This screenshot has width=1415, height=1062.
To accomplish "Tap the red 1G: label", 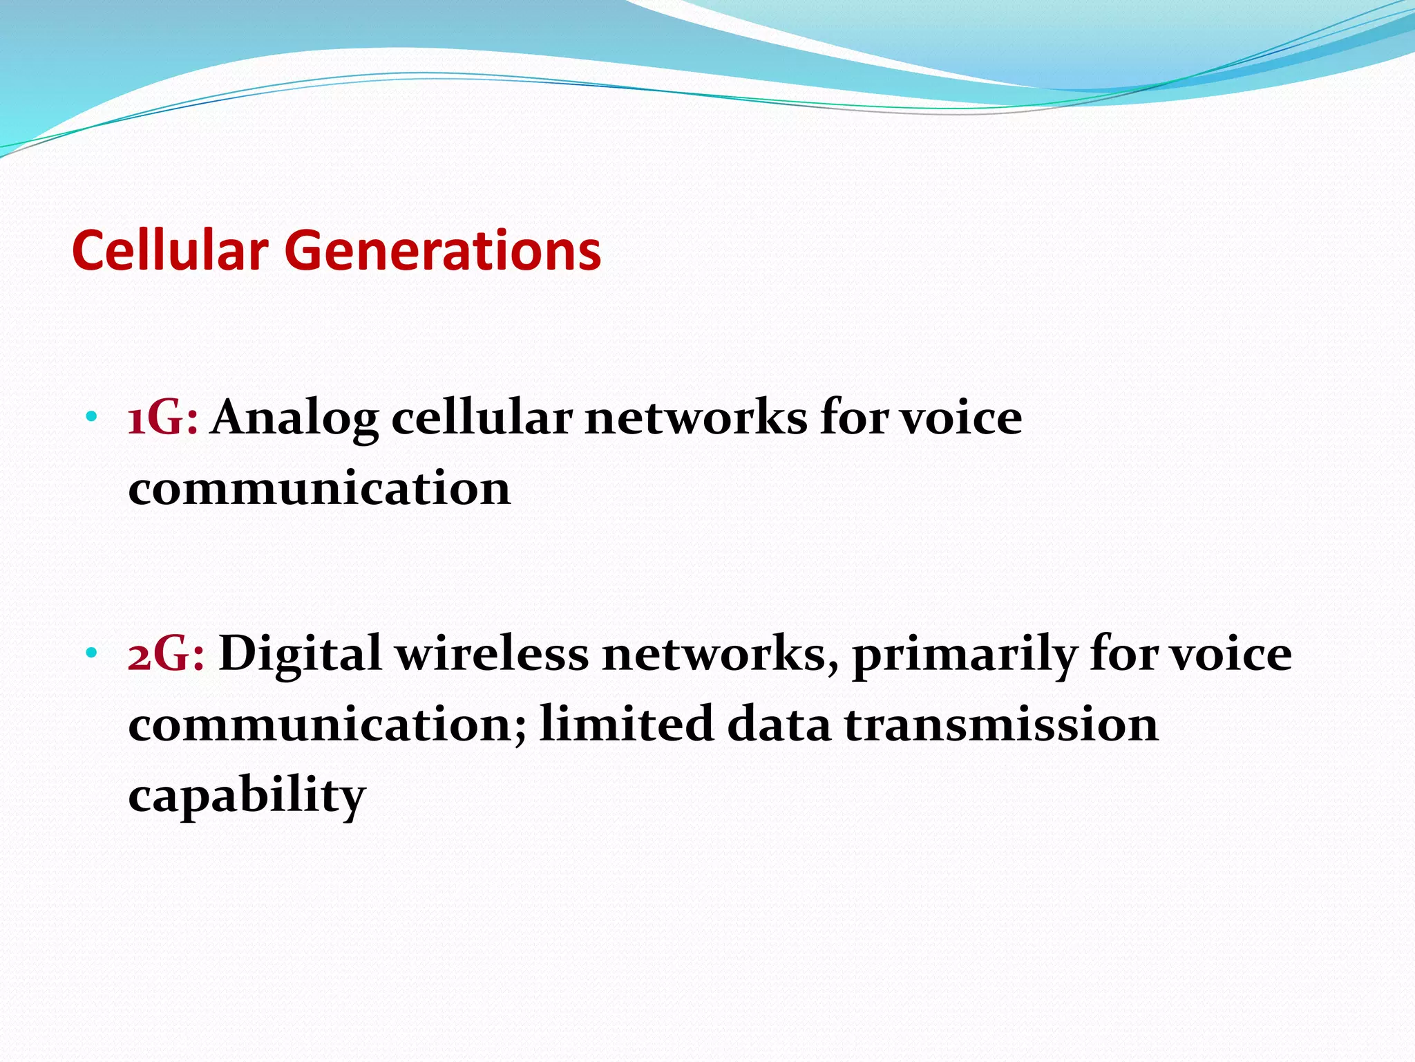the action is pos(163,419).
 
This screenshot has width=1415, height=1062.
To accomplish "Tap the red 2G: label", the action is pos(167,654).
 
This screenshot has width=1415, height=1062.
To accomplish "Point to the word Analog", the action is pos(295,421).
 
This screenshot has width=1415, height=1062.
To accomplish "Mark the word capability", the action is pos(247,797).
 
